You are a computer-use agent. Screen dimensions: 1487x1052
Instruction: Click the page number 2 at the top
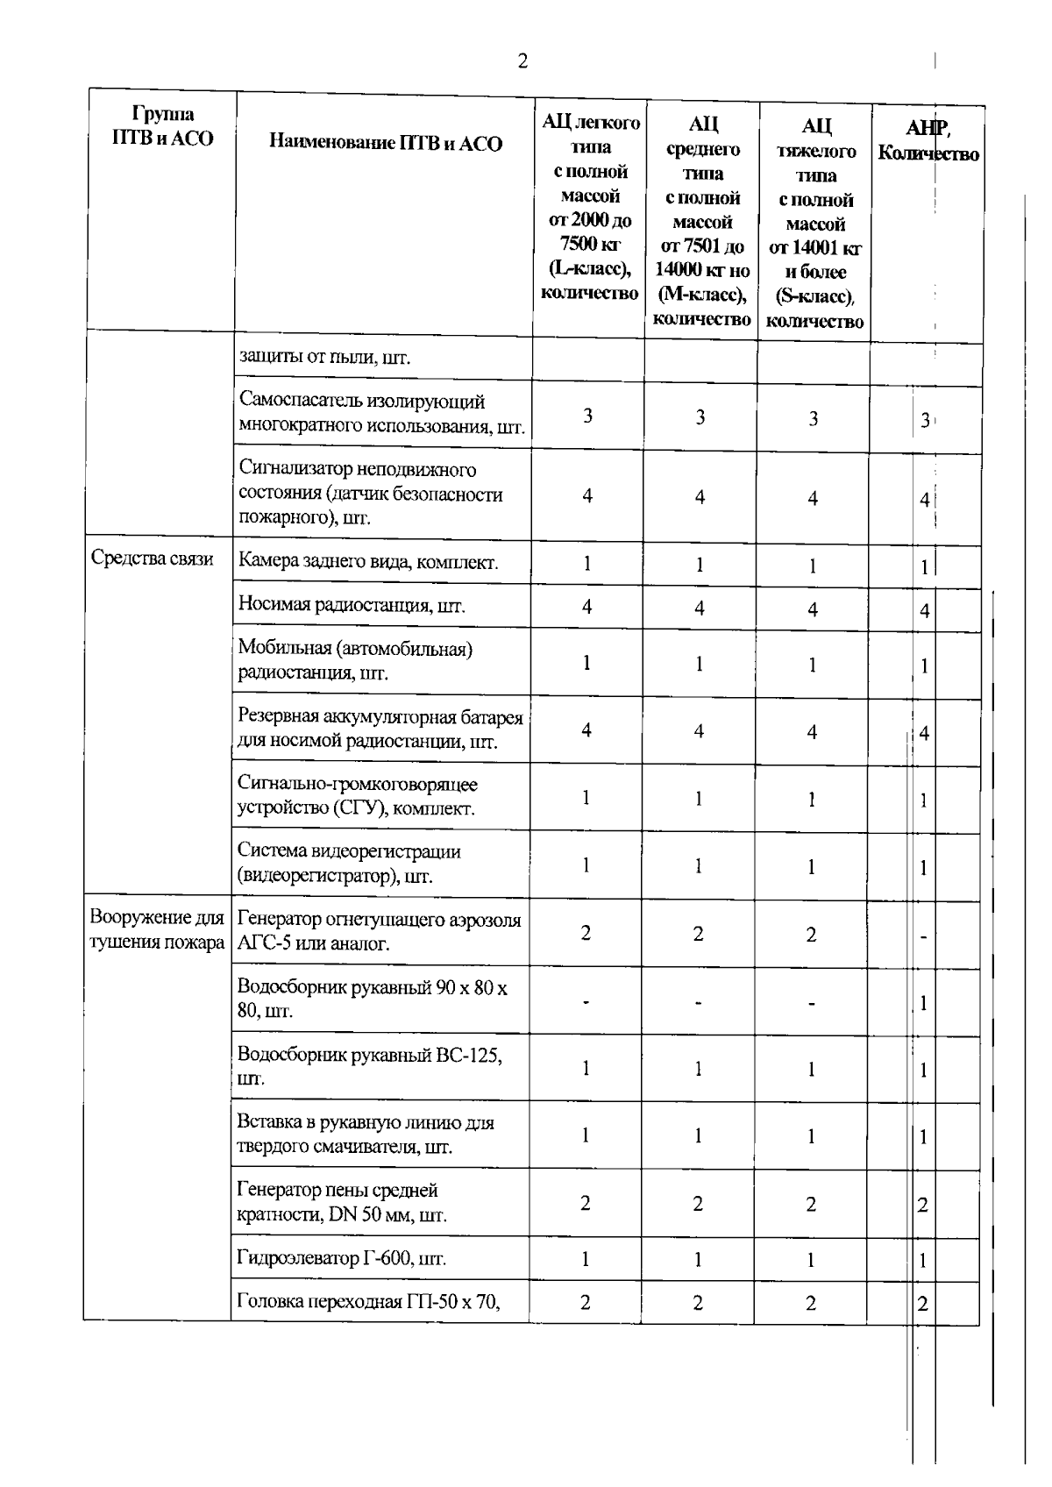coord(522,62)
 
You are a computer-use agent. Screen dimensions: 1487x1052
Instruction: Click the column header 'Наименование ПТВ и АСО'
coord(386,143)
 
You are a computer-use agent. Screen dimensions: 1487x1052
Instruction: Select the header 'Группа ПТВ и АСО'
coord(163,126)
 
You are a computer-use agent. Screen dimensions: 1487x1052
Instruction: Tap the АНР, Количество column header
coord(928,141)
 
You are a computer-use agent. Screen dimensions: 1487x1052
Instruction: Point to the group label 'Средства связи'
coord(153,559)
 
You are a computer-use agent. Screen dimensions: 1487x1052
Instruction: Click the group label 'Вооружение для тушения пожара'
coord(158,930)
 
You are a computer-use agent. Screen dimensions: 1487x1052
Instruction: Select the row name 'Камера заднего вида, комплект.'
coord(368,562)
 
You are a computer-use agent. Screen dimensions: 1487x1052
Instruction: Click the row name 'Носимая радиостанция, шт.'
coord(352,605)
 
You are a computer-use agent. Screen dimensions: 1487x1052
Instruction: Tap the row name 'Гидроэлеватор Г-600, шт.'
coord(342,1259)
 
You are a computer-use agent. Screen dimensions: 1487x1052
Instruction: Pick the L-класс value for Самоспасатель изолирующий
coord(587,415)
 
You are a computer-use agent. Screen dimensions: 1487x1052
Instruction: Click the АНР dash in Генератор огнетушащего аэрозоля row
coord(924,937)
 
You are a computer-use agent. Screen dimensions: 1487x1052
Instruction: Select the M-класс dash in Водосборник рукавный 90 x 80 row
coord(699,1001)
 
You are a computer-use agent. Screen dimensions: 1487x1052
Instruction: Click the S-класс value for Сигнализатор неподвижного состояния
coord(813,498)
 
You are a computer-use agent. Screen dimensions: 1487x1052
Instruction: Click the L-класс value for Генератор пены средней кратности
coord(586,1203)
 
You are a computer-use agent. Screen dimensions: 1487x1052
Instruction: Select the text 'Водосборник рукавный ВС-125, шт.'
coord(369,1066)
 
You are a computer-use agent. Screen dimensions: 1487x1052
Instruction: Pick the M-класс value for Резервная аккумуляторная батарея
coord(699,730)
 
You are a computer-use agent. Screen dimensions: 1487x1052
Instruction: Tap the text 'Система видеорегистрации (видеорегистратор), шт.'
coord(349,864)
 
